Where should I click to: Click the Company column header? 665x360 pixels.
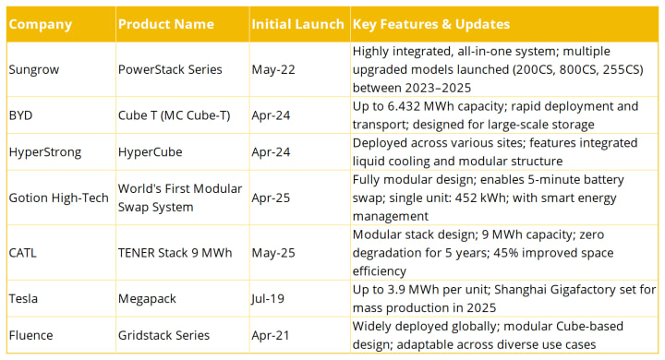(x=41, y=24)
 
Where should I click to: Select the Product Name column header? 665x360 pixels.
(x=166, y=24)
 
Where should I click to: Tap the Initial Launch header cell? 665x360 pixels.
(x=297, y=24)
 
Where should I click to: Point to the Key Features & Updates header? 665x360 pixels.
(x=431, y=24)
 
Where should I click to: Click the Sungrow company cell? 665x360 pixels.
(x=34, y=69)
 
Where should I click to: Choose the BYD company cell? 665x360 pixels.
(x=20, y=115)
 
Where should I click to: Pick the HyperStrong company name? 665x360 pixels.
(x=45, y=152)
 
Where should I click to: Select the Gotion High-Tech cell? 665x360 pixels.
(x=58, y=198)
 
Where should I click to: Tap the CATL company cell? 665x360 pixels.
(x=22, y=253)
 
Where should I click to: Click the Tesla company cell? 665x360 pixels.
(x=23, y=298)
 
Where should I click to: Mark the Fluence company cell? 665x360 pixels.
(x=31, y=335)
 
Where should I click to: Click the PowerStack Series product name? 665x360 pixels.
(x=170, y=69)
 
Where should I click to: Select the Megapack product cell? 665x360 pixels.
(x=147, y=299)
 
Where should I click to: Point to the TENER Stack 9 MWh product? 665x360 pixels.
(x=175, y=253)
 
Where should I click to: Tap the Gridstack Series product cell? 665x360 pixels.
(x=163, y=335)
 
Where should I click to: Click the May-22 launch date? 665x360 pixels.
(x=273, y=69)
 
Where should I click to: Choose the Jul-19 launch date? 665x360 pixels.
(x=268, y=299)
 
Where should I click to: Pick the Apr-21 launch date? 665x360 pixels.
(x=270, y=335)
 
